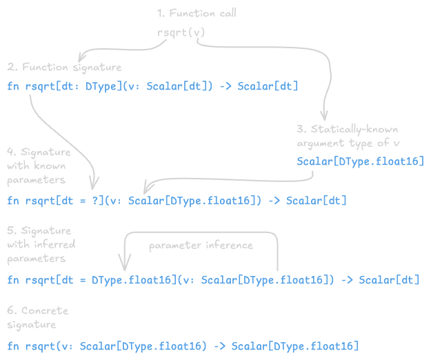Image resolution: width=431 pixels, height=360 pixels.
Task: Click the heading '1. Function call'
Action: (x=197, y=14)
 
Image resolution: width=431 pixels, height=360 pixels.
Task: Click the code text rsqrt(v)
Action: (x=180, y=32)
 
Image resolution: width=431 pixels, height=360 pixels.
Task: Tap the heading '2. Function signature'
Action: (x=65, y=67)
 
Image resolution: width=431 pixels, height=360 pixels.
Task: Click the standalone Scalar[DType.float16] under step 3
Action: (x=360, y=161)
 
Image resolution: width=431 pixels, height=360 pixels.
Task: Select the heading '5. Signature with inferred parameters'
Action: (x=41, y=244)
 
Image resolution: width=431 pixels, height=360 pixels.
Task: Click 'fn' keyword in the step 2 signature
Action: (x=12, y=87)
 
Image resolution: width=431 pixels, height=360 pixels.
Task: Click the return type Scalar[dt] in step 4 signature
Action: (x=317, y=201)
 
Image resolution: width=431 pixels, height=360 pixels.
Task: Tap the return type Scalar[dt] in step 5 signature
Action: (x=389, y=280)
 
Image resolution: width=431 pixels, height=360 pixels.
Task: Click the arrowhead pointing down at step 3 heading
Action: (x=323, y=117)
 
